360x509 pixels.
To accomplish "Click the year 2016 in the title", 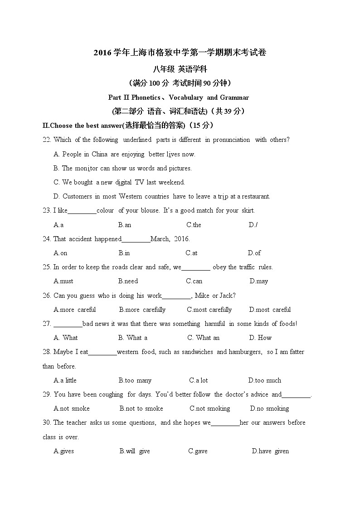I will point(102,53).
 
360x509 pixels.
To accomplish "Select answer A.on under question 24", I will point(60,253).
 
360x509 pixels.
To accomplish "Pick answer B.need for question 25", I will point(128,281).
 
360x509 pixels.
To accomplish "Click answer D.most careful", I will point(270,310).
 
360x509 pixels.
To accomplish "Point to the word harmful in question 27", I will point(214,324).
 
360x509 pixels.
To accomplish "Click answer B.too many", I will point(135,380).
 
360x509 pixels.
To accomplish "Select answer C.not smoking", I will point(209,408).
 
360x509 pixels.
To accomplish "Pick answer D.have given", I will point(270,451).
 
